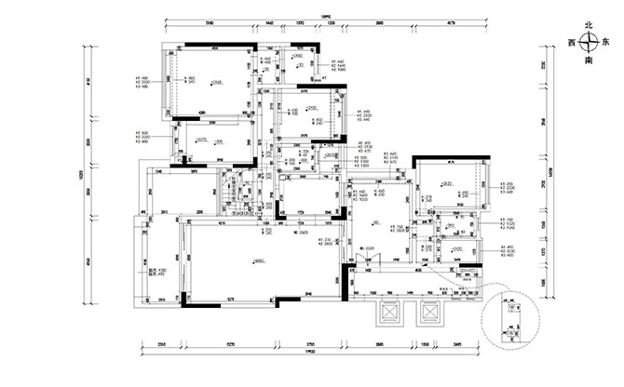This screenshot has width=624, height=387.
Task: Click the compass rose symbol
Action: pos(589,42)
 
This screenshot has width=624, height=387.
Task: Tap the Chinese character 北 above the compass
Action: pos(589,27)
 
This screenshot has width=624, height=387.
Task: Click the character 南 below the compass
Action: pos(589,59)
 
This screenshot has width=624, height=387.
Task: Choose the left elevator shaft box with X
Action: pos(387,314)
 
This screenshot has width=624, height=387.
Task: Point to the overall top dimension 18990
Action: pos(327,16)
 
